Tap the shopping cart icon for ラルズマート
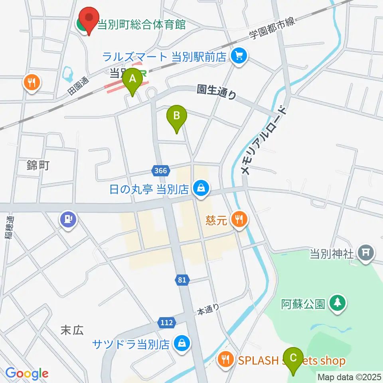(x=239, y=56)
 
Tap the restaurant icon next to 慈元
(x=239, y=219)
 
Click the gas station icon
(x=68, y=219)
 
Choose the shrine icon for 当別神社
(x=365, y=253)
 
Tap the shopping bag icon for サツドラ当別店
(x=182, y=343)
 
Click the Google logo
(x=27, y=373)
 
